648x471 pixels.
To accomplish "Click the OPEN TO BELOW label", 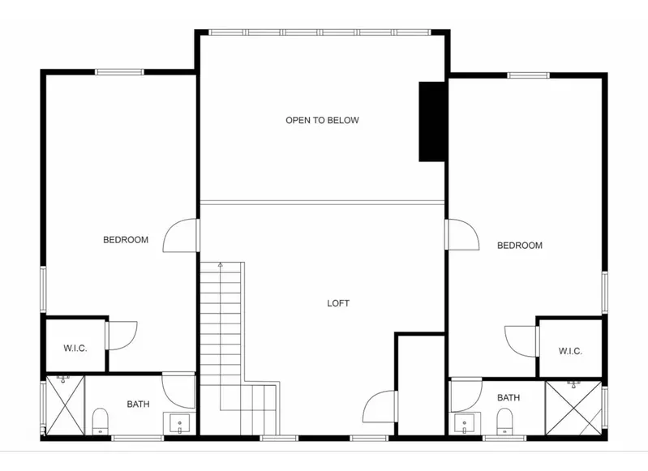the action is (x=322, y=120).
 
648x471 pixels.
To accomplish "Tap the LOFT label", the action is (x=338, y=303).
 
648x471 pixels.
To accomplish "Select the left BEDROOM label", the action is (x=126, y=240).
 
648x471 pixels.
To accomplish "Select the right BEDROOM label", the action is (x=520, y=246).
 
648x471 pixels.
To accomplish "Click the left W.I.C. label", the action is (x=75, y=349).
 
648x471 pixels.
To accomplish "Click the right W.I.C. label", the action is (x=570, y=351).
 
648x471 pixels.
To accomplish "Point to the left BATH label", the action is (x=138, y=404).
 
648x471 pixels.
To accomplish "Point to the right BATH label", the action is (x=509, y=397).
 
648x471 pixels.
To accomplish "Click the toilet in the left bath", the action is (x=100, y=421).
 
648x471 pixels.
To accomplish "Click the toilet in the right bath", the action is (x=504, y=422).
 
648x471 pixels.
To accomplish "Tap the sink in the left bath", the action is (x=179, y=423).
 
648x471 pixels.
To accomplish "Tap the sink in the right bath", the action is (x=465, y=424).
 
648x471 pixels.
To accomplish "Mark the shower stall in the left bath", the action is (x=65, y=405).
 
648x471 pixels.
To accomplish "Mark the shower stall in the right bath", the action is (x=573, y=408).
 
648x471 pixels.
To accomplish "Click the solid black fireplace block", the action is (x=431, y=122).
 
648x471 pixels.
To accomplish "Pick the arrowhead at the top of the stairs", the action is (x=221, y=264).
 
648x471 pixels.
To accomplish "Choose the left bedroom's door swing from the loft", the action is (x=180, y=235).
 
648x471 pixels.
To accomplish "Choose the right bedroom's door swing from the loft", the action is (x=463, y=234).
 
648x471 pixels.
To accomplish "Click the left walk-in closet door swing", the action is (x=122, y=336).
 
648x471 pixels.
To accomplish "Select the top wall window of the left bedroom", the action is (x=119, y=72).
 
